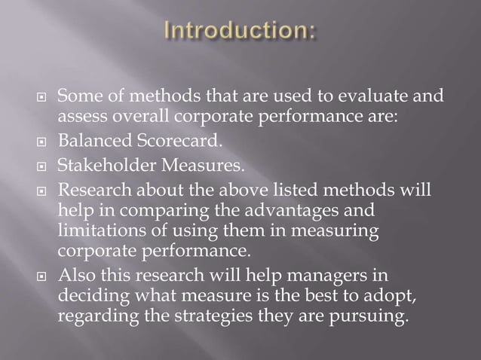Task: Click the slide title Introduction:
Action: coord(240,33)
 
